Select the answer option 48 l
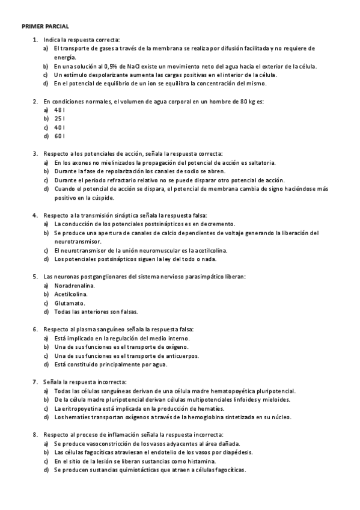point(59,110)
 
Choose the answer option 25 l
point(59,118)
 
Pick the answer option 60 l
point(59,136)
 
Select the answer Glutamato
point(70,303)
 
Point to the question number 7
point(35,382)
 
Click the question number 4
point(35,215)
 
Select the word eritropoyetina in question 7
point(83,408)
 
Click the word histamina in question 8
point(184,461)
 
